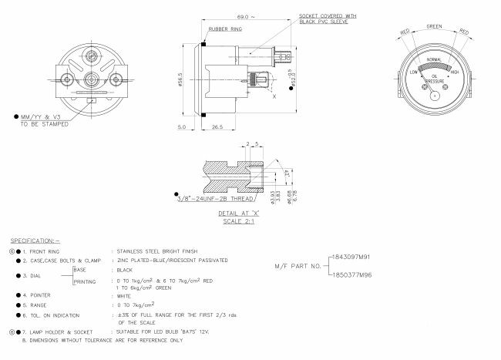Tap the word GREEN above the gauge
[435, 26]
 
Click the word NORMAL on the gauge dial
[434, 60]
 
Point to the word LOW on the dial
[413, 72]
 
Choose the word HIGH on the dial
[455, 72]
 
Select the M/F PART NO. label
[298, 266]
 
